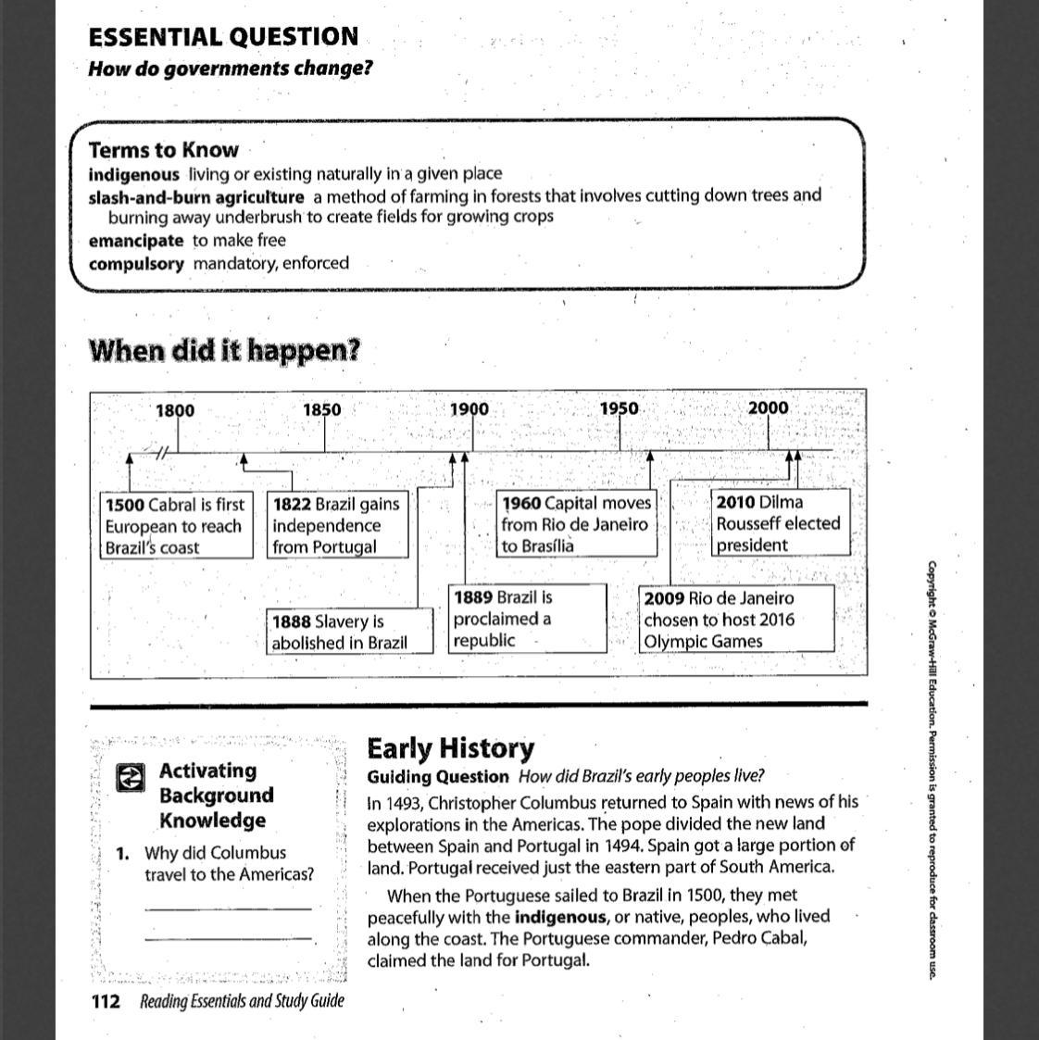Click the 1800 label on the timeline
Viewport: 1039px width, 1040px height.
click(175, 410)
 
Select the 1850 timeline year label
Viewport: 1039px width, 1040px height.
click(321, 410)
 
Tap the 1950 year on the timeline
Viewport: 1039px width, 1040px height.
click(619, 408)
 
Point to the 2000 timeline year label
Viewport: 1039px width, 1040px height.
click(768, 407)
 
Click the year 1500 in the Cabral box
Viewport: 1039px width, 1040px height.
click(125, 505)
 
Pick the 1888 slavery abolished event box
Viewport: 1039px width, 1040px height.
click(351, 632)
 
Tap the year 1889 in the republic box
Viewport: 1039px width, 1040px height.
click(472, 597)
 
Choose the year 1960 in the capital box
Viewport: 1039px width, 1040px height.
click(521, 503)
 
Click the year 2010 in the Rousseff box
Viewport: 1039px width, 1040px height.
click(735, 502)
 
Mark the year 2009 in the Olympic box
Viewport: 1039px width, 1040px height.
click(664, 598)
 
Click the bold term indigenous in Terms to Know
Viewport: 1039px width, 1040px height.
click(133, 174)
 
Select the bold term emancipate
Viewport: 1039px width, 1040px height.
click(136, 241)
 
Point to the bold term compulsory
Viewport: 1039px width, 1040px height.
click(136, 263)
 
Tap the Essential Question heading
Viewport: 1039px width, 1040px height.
click(223, 37)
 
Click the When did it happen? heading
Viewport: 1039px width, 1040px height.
click(224, 351)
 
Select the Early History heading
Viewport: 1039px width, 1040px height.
click(450, 748)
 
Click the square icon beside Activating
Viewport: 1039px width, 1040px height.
click(131, 778)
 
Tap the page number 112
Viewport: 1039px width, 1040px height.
click(106, 1001)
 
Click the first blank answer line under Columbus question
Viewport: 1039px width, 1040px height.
click(228, 908)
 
